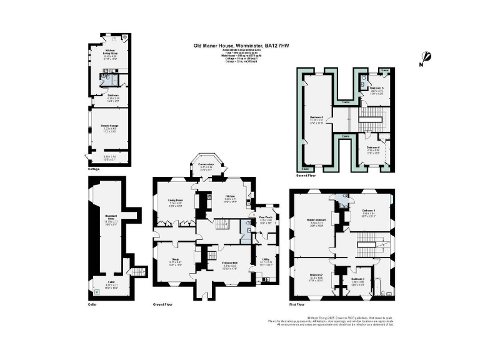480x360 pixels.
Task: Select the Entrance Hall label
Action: pos(215,264)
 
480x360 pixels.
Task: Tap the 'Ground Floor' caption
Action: pos(162,304)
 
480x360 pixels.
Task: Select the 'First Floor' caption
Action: pos(296,304)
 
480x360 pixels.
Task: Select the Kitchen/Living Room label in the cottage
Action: pos(110,52)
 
